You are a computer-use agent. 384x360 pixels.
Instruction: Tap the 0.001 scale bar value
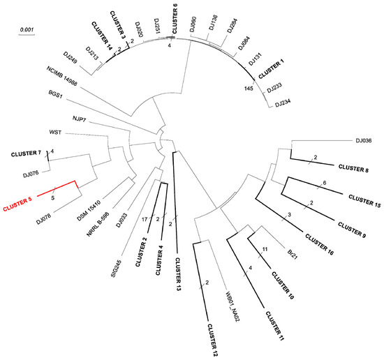click(27, 30)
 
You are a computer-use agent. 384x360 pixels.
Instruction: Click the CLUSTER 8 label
click(353, 170)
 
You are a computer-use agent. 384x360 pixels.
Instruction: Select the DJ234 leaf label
click(285, 105)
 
